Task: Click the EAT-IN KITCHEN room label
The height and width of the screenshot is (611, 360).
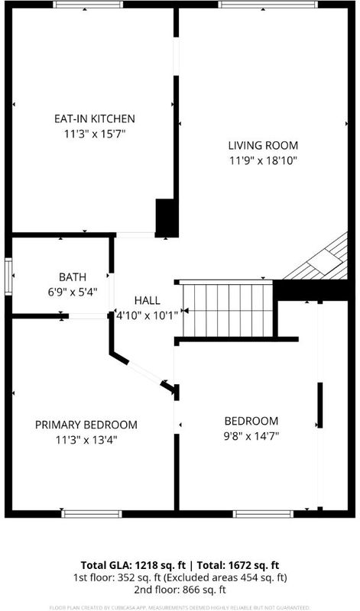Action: point(94,118)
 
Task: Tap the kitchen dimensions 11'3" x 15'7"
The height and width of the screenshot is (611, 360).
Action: point(94,134)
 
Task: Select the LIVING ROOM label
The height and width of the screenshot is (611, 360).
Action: point(263,146)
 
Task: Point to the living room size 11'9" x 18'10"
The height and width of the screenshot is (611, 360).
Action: point(263,161)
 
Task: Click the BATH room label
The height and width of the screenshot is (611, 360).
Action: point(73,277)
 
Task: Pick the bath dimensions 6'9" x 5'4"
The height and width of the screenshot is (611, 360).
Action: point(73,292)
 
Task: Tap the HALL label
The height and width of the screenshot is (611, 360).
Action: point(147,300)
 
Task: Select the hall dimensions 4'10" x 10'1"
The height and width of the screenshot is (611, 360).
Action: point(147,315)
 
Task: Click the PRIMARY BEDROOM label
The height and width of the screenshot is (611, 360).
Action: point(86,425)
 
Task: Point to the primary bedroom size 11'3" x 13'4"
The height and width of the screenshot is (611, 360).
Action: point(86,441)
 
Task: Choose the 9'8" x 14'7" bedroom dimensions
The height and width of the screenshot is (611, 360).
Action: point(251,436)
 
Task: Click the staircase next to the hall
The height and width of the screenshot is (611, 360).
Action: point(228,310)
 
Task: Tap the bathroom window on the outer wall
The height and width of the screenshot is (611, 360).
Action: point(8,276)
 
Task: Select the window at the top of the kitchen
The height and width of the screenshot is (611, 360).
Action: point(88,5)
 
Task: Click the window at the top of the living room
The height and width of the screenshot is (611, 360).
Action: point(268,5)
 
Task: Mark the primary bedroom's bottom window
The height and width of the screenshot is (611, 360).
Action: point(92,514)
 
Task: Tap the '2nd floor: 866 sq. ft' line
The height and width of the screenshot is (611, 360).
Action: point(180,590)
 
